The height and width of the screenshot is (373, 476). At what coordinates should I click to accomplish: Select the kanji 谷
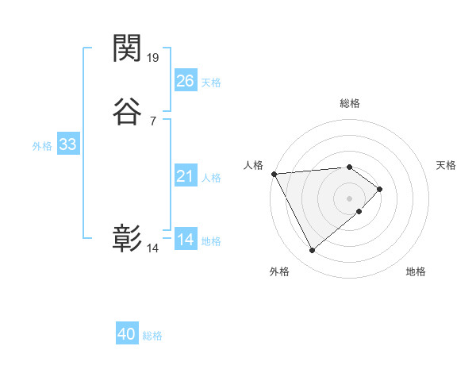[x=127, y=112]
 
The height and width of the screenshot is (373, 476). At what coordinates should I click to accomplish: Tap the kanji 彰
[x=127, y=239]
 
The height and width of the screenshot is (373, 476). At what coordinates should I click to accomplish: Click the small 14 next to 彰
[x=153, y=248]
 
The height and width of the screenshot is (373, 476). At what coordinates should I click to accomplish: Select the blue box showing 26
[x=186, y=80]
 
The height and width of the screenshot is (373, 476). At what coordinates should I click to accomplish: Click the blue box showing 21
[x=186, y=176]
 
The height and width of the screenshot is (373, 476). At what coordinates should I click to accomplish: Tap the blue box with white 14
[x=186, y=240]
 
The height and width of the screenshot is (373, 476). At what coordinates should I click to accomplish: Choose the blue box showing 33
[x=68, y=144]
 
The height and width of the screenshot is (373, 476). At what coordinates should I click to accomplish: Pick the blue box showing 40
[x=127, y=335]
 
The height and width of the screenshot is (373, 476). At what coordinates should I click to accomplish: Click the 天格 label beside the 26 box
[x=211, y=83]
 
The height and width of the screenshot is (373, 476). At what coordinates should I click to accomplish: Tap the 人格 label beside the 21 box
[x=211, y=178]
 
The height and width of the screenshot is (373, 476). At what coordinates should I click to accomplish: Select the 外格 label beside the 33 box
[x=42, y=146]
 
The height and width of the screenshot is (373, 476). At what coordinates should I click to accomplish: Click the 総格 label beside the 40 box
[x=152, y=336]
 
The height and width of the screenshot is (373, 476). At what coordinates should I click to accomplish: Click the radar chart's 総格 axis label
[x=350, y=103]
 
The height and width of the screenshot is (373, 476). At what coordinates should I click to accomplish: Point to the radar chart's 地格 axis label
[x=416, y=272]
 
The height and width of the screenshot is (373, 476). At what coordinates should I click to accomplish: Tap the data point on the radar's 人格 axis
[x=274, y=174]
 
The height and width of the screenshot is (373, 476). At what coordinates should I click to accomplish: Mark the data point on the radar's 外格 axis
[x=312, y=251]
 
